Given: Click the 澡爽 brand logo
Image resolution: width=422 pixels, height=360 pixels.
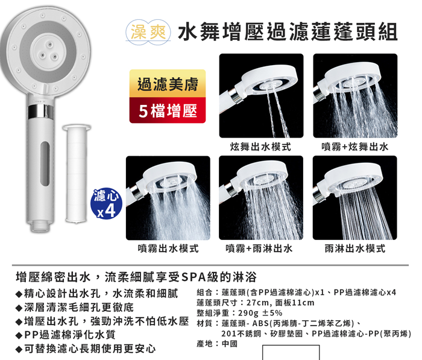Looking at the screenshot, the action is [148, 33].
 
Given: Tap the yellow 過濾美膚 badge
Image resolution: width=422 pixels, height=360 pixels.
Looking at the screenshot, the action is [168, 83].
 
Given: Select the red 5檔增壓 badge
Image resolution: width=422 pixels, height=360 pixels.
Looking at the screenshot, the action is [168, 110].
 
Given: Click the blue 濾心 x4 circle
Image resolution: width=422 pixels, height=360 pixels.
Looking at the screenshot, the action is [106, 204].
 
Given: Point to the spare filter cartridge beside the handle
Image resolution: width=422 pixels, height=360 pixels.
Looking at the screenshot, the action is [77, 174].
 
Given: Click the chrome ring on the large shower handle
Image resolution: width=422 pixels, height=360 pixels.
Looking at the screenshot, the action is [41, 112].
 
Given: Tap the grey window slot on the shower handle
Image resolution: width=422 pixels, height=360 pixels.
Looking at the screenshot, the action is [45, 163].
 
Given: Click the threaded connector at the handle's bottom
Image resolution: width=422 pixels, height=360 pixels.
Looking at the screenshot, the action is [40, 227].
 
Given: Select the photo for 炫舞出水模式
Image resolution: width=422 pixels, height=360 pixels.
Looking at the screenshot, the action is [261, 96].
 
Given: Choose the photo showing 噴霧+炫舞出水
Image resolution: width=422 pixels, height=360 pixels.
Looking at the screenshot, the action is [355, 96].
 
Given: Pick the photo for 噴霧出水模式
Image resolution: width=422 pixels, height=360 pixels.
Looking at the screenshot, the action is [168, 198].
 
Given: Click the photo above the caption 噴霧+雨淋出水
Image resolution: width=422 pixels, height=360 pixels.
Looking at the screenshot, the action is [261, 198].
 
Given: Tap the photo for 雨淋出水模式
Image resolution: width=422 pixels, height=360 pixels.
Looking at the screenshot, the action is [355, 198].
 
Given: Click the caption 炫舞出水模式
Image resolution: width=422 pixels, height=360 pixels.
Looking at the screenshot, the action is [260, 147].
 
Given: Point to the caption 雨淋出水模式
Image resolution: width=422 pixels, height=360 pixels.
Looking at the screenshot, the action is [355, 248].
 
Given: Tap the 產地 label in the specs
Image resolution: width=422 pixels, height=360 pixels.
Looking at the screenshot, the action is [204, 344].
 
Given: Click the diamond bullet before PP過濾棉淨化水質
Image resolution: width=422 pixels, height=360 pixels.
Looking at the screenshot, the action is [19, 335].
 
